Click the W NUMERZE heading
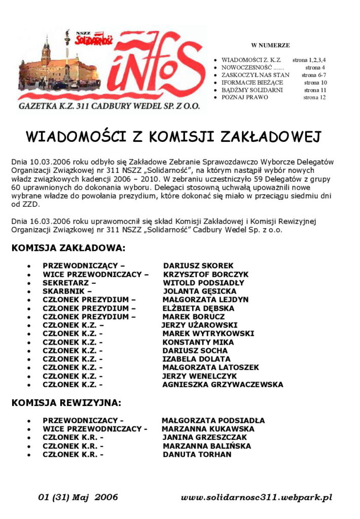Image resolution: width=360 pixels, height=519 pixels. (270, 45)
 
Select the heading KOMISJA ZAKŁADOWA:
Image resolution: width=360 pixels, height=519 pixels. (68, 248)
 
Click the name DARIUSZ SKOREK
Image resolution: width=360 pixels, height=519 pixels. (198, 266)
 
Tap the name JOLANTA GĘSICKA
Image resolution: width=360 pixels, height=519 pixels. (199, 291)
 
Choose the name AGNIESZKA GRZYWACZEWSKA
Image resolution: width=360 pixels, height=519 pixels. (223, 385)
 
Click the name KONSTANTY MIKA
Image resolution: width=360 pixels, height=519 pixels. (191, 342)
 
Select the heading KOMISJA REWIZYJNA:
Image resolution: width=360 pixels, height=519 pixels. (66, 403)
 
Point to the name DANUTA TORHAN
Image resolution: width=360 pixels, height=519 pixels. (197, 455)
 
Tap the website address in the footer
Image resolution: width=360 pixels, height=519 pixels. (257, 498)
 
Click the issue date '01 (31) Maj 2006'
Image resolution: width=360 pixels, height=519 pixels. (78, 497)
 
